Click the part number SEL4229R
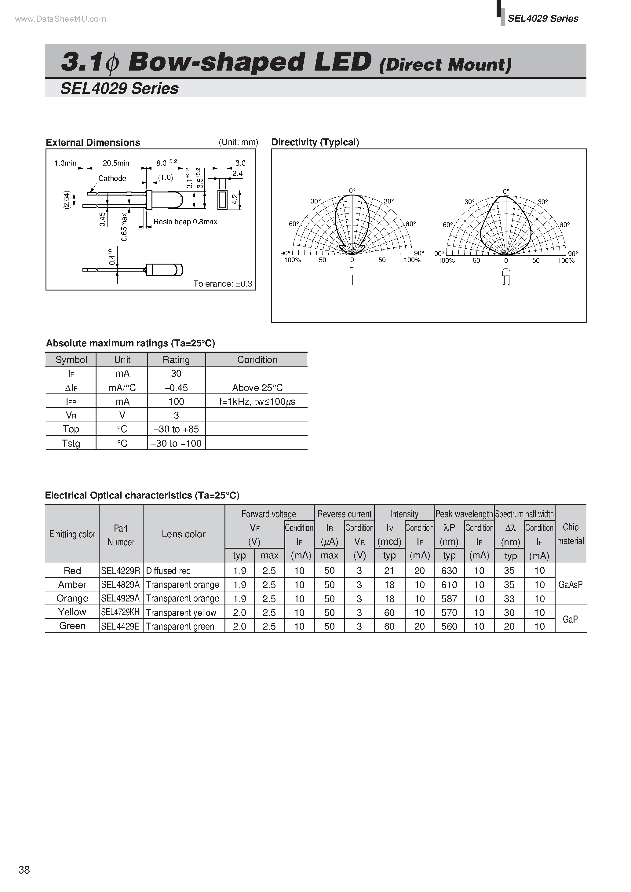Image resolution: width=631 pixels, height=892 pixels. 120,571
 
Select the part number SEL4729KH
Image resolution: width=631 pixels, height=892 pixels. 120,612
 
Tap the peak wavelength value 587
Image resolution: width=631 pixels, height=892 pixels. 449,599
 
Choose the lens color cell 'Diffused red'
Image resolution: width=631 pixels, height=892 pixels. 168,571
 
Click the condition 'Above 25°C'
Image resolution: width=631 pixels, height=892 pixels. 257,388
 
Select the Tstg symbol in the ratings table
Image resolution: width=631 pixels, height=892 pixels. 71,443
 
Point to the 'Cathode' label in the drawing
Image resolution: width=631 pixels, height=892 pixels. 112,178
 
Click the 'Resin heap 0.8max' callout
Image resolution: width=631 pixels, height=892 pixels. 185,222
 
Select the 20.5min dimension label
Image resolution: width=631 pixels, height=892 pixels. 116,163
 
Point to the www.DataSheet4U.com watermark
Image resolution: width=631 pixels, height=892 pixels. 60,19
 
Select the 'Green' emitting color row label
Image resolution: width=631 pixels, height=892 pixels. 72,626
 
